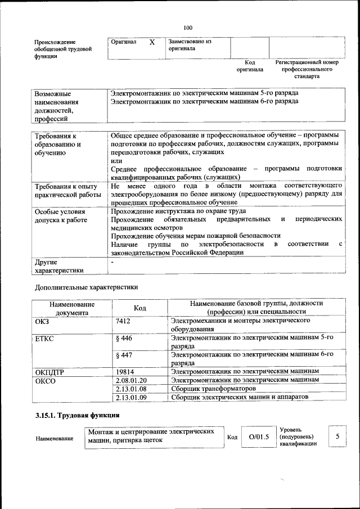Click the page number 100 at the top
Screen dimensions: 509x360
188,28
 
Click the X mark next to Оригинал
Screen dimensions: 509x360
152,42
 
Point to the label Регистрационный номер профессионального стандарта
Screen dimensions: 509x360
307,69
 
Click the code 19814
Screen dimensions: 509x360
124,372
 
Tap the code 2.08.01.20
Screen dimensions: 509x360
130,380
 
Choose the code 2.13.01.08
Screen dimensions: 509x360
130,389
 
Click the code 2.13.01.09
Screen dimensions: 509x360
130,397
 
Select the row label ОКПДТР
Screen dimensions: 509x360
50,372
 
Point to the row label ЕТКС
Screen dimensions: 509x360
44,338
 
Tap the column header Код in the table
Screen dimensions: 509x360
139,308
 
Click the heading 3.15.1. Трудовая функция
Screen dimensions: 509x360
77,416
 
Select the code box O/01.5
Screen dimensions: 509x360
259,437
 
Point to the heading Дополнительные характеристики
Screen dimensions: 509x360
86,287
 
